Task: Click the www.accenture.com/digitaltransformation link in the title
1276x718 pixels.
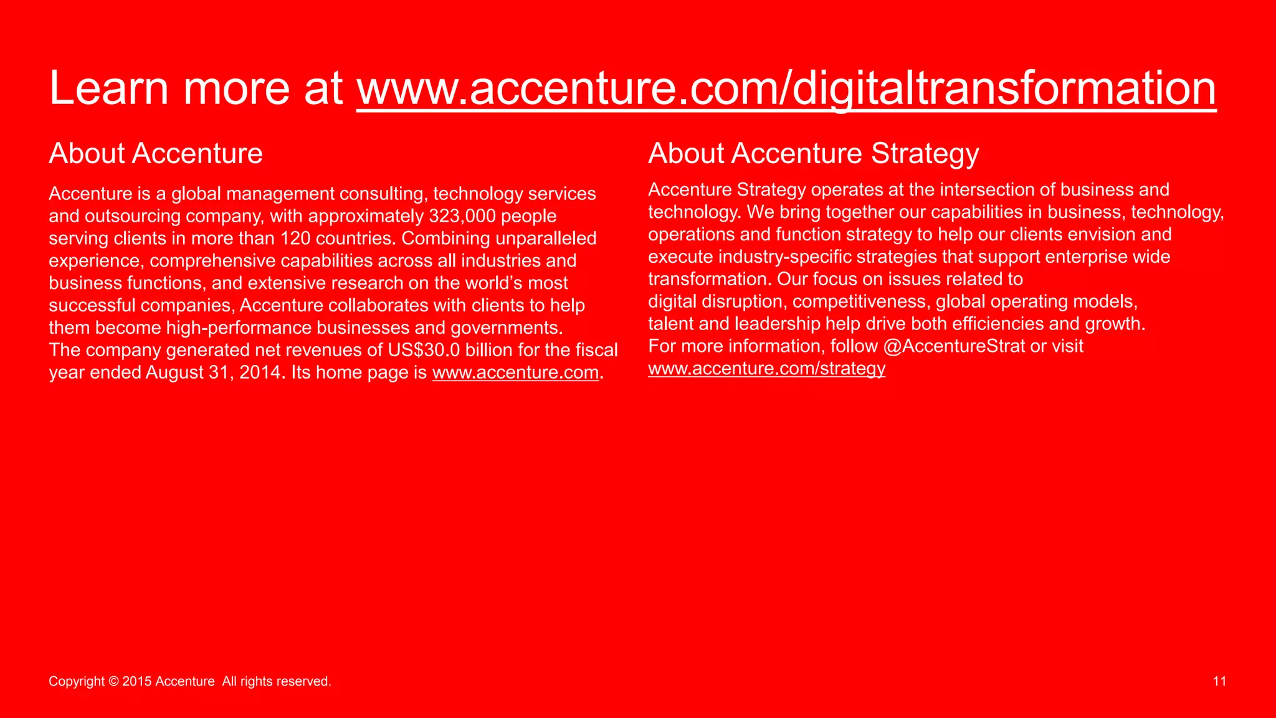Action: [786, 88]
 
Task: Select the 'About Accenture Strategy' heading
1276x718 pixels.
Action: [813, 154]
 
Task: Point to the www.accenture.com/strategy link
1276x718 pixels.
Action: [766, 369]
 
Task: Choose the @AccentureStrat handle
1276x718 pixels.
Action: [954, 346]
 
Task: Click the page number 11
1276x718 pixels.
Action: [1219, 681]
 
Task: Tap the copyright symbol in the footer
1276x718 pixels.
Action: [113, 681]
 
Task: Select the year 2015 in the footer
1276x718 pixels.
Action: [136, 681]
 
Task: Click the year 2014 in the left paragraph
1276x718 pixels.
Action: [260, 372]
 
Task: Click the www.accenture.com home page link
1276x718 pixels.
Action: [515, 372]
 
